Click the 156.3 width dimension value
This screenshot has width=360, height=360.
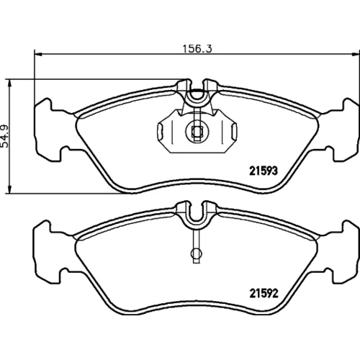197,49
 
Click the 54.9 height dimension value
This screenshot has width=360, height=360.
5,136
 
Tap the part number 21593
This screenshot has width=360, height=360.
264,171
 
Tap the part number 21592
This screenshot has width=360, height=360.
264,293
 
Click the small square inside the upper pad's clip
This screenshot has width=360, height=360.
197,132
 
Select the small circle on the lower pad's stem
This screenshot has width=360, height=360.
197,253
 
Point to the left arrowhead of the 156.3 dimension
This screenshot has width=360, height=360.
38,54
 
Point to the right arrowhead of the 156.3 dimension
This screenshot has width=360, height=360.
356,54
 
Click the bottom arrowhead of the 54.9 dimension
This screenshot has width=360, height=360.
9,189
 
